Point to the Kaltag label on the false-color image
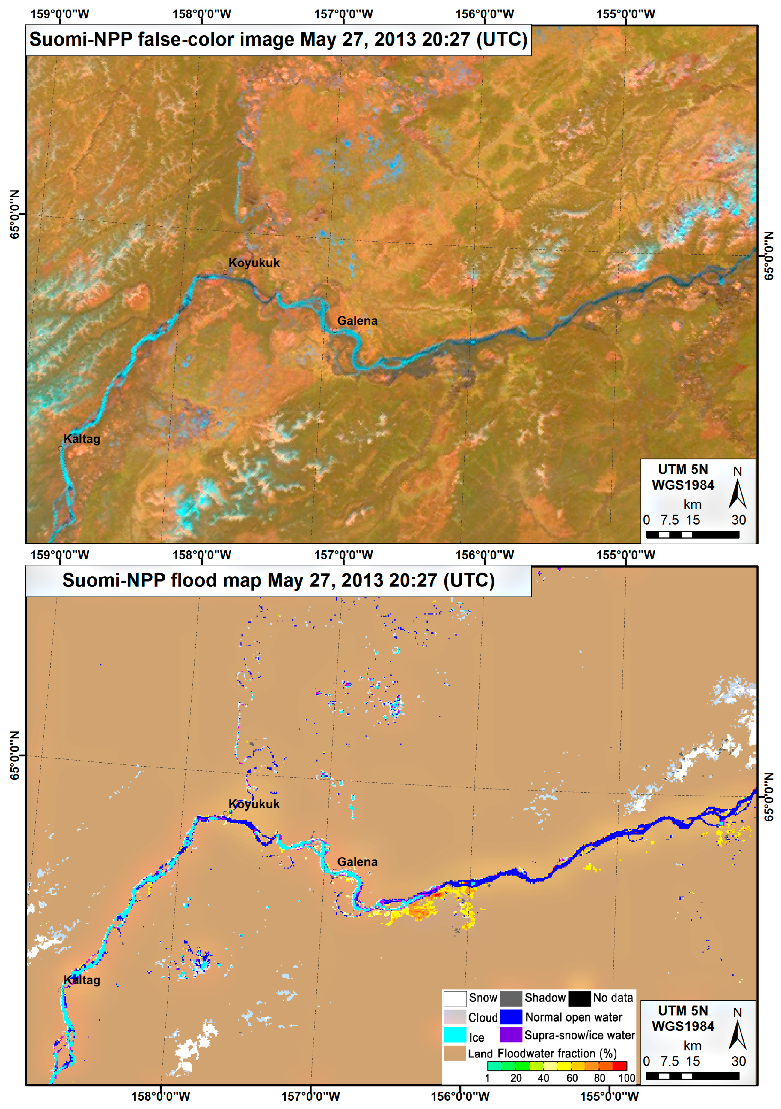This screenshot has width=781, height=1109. coord(82,439)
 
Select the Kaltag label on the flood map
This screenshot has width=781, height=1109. coord(82,980)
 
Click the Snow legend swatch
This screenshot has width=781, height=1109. coord(455,998)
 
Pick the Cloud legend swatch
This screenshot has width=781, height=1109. coord(455,1017)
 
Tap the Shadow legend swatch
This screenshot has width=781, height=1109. coord(511,998)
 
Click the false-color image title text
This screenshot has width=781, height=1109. coord(278,39)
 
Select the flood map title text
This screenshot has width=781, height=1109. coord(278,580)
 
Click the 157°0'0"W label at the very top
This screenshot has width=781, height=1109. coord(343,14)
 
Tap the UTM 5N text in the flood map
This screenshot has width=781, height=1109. coord(682,1010)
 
